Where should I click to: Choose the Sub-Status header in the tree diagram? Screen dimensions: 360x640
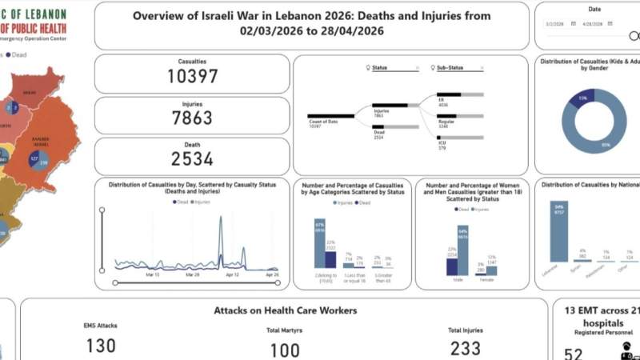tap(450, 68)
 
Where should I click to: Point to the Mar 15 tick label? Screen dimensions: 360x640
tap(153, 274)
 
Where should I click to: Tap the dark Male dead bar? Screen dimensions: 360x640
tap(452, 266)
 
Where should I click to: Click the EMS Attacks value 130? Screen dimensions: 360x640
tap(101, 346)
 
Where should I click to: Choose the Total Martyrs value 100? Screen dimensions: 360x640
tap(284, 350)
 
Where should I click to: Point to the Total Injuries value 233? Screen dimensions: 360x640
tap(465, 348)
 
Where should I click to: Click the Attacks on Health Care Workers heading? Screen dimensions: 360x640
tap(284, 310)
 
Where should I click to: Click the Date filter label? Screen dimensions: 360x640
tap(594, 9)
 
